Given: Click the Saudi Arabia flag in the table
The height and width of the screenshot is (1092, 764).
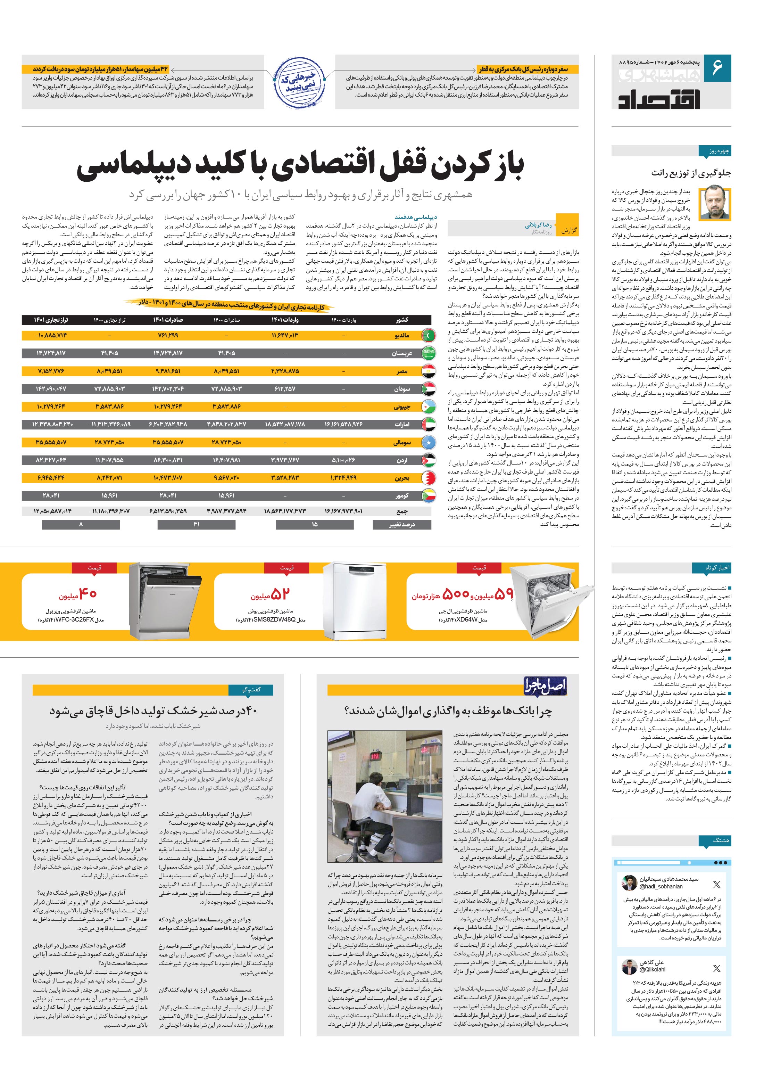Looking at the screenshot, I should coord(428,353).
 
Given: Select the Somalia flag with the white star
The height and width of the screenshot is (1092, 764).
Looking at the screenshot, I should coord(428,442).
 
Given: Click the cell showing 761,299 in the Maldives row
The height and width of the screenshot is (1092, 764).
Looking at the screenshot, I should coord(168,335).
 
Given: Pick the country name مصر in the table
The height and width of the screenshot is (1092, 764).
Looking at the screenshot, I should coord(402,371).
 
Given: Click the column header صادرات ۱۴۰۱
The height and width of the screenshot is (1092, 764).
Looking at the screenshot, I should coord(168,320).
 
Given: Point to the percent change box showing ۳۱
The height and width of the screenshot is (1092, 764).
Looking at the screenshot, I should coord(196,524).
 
